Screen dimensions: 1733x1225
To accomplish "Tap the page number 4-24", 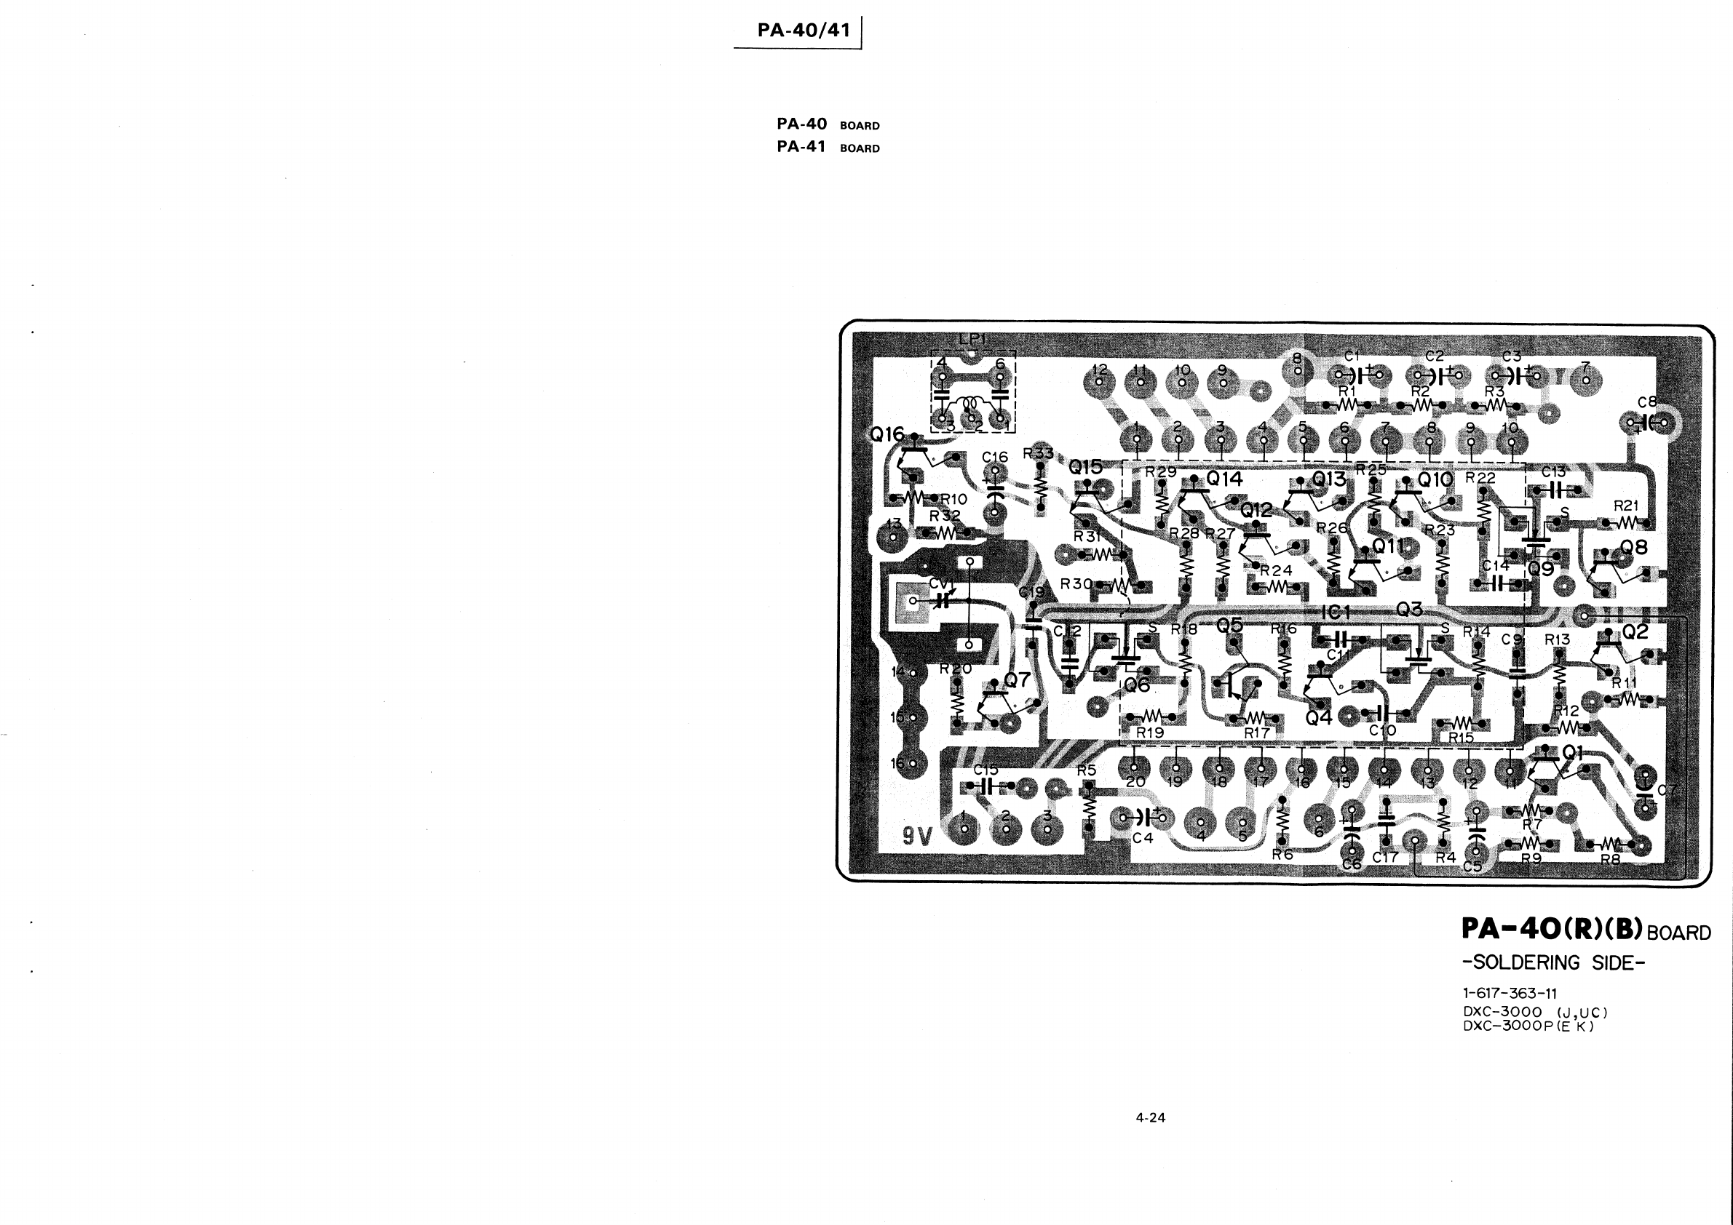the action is coord(1150,1117).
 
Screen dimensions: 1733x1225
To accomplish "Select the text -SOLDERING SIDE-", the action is coord(1553,962).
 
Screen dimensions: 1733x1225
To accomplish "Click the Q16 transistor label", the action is coord(887,434).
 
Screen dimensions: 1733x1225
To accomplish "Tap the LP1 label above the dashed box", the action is coord(972,340).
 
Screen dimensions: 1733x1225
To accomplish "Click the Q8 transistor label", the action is coord(1633,547).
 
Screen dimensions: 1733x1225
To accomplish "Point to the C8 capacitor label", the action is coord(1647,402).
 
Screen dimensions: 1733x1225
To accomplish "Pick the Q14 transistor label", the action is coord(1224,478).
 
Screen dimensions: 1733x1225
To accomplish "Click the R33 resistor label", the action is coord(1038,453).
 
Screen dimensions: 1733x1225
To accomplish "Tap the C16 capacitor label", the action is coord(995,457).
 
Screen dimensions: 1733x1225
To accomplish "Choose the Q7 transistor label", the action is coord(1017,679).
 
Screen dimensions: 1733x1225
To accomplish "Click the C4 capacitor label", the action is coord(1143,837).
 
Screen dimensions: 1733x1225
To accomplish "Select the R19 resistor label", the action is coord(1150,732).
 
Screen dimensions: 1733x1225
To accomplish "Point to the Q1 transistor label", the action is coord(1572,752).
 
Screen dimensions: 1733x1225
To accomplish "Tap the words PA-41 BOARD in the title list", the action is coord(828,147).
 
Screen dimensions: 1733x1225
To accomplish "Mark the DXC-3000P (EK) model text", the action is coord(1528,1026).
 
